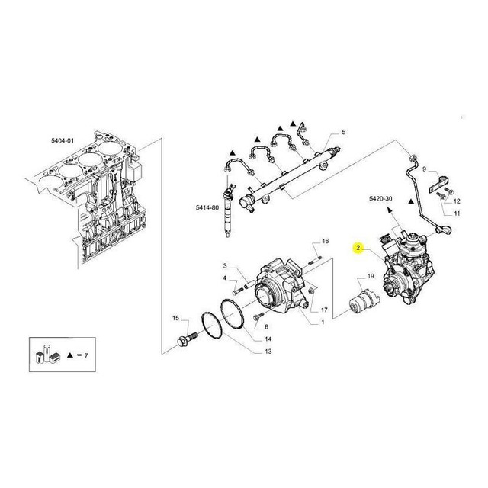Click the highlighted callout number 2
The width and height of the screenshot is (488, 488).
click(x=358, y=248)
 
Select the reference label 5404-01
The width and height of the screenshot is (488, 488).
click(x=63, y=140)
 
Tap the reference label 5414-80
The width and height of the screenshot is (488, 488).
click(x=207, y=207)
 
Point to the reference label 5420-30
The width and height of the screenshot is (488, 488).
click(x=380, y=198)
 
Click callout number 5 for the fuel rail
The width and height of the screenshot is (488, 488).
click(x=344, y=132)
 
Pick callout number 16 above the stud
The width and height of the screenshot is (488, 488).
click(x=326, y=241)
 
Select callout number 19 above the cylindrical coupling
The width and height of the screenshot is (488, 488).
click(x=371, y=276)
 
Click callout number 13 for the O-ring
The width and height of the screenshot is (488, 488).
click(x=268, y=352)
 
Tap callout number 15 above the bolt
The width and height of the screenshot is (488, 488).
click(x=176, y=318)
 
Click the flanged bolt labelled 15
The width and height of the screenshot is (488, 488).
click(x=188, y=339)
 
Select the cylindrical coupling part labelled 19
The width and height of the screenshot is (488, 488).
click(x=364, y=300)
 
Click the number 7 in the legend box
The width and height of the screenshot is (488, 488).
click(x=86, y=355)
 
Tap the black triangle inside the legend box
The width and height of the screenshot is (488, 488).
click(x=70, y=355)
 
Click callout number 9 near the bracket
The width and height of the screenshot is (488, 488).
click(x=424, y=169)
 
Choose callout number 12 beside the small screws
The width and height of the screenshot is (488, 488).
click(x=457, y=201)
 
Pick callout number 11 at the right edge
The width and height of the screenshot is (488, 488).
click(x=457, y=213)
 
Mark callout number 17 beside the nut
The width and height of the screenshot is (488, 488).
click(x=324, y=310)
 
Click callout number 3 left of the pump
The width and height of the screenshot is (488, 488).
click(x=225, y=266)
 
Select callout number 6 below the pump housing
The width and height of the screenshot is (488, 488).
click(x=266, y=327)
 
